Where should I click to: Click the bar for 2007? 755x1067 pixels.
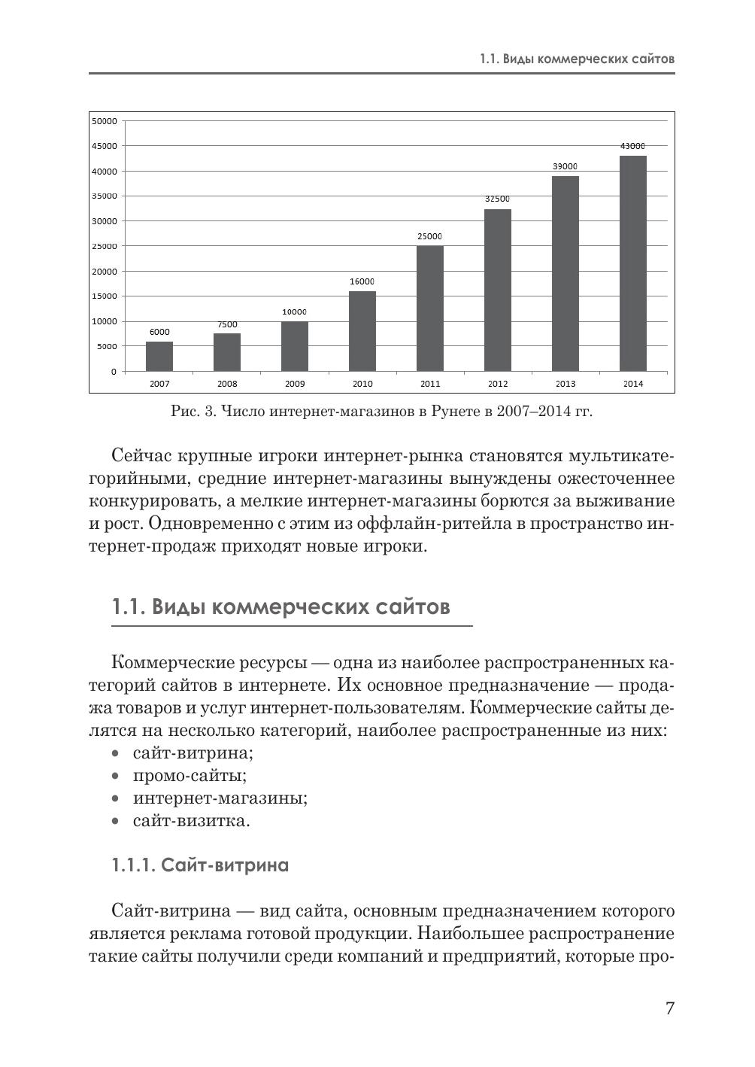(x=159, y=356)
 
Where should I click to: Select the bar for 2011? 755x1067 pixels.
(x=430, y=309)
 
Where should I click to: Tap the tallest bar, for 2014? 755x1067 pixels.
(x=633, y=263)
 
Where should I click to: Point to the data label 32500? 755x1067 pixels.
(x=497, y=199)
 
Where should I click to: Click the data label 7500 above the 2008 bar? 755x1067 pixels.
(x=227, y=324)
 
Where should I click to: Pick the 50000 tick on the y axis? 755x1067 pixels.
(x=104, y=120)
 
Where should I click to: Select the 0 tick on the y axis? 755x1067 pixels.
(x=114, y=372)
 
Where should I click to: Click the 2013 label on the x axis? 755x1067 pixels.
(x=565, y=384)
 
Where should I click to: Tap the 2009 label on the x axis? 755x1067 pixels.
(x=295, y=384)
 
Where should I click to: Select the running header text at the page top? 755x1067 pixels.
(x=577, y=59)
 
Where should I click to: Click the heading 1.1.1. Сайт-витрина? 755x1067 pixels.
(x=200, y=865)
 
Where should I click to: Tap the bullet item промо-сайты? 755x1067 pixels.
(x=190, y=775)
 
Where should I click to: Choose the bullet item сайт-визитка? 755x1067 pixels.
(x=191, y=820)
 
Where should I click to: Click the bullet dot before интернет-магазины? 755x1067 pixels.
(x=115, y=798)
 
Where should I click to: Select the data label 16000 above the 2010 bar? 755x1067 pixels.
(x=362, y=281)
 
